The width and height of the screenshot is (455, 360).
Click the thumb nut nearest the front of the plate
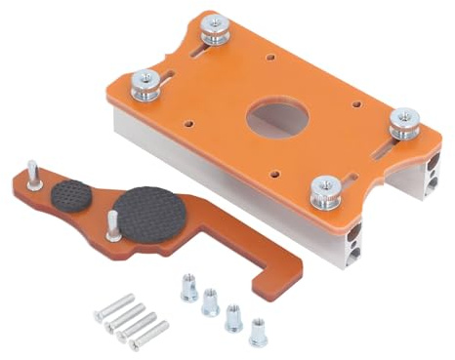(325, 190)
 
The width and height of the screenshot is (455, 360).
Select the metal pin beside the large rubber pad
(114, 225)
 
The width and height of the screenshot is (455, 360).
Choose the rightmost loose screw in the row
(149, 335)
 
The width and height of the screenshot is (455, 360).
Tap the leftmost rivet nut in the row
(188, 289)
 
